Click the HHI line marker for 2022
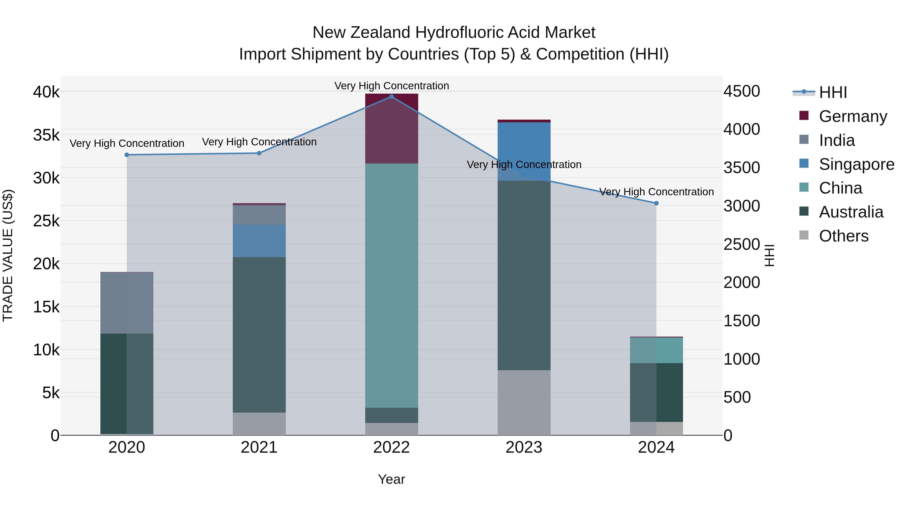(x=391, y=97)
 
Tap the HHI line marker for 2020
(x=127, y=155)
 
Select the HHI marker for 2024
(x=656, y=203)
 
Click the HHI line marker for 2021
(x=259, y=153)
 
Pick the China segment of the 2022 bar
(x=391, y=286)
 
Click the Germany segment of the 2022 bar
(x=391, y=129)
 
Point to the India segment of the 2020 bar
(x=127, y=303)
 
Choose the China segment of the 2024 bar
(x=656, y=350)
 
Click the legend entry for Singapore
(x=857, y=164)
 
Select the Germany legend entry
(x=853, y=116)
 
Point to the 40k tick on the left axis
(x=46, y=92)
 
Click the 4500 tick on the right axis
(x=742, y=91)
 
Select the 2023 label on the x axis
(x=524, y=447)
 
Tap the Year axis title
(x=391, y=479)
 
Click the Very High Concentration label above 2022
(x=391, y=86)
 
